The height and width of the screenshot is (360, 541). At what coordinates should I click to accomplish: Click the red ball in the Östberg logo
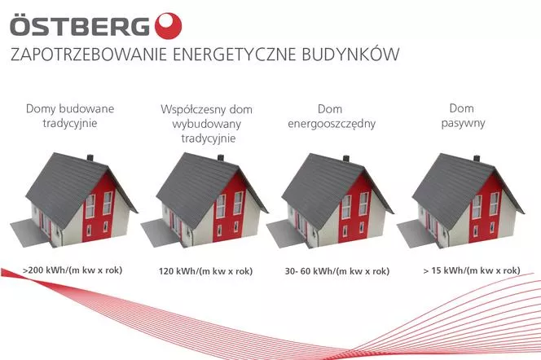168,26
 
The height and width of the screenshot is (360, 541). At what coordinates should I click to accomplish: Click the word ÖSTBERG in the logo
80,25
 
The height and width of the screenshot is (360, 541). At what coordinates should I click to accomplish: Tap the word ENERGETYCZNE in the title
235,55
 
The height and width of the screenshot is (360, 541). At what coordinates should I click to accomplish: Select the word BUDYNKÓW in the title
350,54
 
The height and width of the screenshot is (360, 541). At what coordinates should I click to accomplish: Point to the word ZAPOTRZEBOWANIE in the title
89,55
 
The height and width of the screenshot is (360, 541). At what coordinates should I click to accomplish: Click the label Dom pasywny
463,116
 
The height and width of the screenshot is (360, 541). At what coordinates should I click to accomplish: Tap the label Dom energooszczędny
332,116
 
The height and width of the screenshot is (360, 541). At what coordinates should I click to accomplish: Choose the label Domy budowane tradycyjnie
70,116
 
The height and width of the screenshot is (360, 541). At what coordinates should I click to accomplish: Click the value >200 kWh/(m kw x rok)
73,270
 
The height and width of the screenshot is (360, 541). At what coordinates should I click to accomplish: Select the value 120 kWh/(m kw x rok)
205,271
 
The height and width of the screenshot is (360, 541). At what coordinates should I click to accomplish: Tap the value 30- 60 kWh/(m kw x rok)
337,271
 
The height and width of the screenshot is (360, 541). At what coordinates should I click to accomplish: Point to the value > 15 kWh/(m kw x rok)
472,270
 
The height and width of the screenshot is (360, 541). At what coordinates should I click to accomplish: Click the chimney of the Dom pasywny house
477,159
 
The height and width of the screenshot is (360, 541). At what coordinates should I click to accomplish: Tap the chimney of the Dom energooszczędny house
345,159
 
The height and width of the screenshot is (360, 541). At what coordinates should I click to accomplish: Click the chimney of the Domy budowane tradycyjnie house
90,158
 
